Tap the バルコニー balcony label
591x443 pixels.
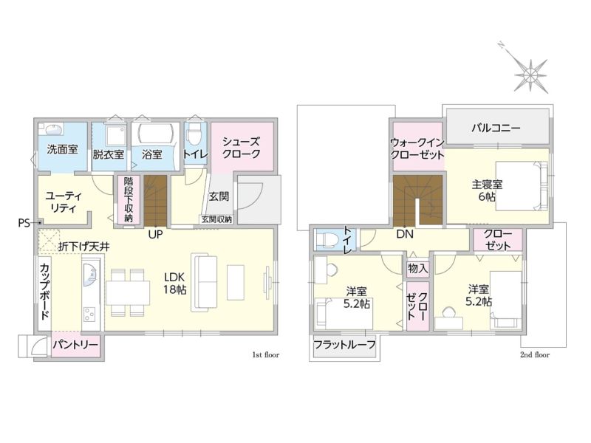coord(496,128)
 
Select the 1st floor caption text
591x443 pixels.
coord(266,355)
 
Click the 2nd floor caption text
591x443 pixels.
coord(534,355)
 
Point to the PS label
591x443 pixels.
coord(24,223)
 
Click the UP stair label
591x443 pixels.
coord(155,234)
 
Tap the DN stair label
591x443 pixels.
coord(405,234)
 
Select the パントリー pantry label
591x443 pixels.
coord(75,345)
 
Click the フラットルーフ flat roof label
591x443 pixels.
coord(344,344)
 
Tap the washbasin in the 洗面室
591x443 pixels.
coord(52,130)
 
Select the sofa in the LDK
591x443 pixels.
coord(204,283)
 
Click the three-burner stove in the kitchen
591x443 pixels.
coord(89,315)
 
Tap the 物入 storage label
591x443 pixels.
coord(418,269)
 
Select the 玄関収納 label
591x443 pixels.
coord(216,219)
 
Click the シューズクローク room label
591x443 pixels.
coord(242,148)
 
